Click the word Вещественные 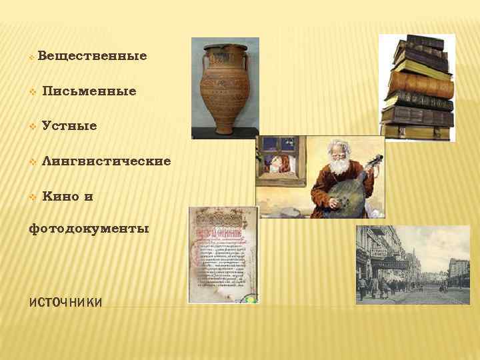[x=92, y=55]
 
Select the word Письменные [x=89, y=91]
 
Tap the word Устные [x=69, y=126]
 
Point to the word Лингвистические [x=105, y=161]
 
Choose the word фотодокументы [x=89, y=229]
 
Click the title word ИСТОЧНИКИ [x=65, y=303]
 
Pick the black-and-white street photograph [x=413, y=265]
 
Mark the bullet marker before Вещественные [x=31, y=57]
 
